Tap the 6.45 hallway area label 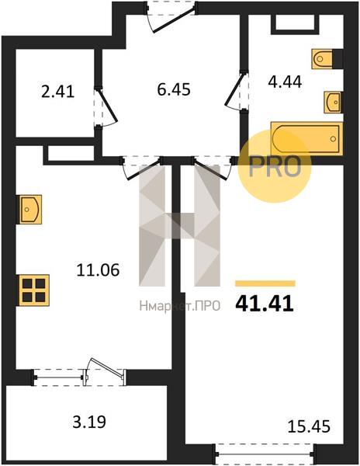[174, 89]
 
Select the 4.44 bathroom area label [285, 82]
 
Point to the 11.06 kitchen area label [98, 270]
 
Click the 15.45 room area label [309, 426]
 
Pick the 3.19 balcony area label [89, 422]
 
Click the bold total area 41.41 [265, 304]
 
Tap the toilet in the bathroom [322, 59]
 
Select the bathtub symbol [307, 138]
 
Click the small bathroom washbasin [333, 102]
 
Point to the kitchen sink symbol [30, 209]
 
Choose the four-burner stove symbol [34, 290]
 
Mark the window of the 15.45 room [265, 454]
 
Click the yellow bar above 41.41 [265, 283]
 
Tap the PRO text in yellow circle [275, 166]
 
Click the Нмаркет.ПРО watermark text [180, 306]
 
